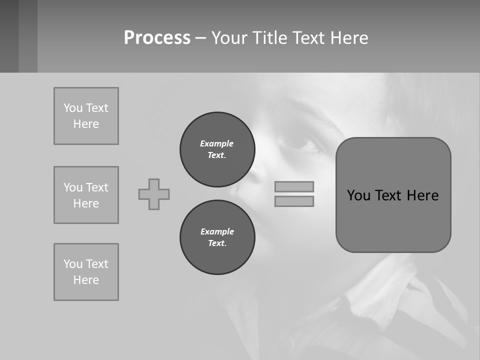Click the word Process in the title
click(x=157, y=38)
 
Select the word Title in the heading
click(x=269, y=38)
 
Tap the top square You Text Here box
click(x=86, y=116)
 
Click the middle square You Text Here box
click(x=86, y=195)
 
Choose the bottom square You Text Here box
click(x=86, y=272)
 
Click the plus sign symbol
click(x=154, y=194)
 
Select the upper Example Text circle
click(x=217, y=149)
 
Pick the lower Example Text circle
click(x=217, y=237)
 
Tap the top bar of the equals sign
click(x=294, y=186)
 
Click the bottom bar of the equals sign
click(x=294, y=201)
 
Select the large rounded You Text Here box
click(x=393, y=220)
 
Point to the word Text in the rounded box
click(x=389, y=195)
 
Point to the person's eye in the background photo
click(x=298, y=143)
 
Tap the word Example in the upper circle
click(x=217, y=143)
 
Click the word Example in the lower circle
click(x=217, y=231)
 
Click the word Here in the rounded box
click(x=422, y=195)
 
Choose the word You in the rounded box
click(x=358, y=195)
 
